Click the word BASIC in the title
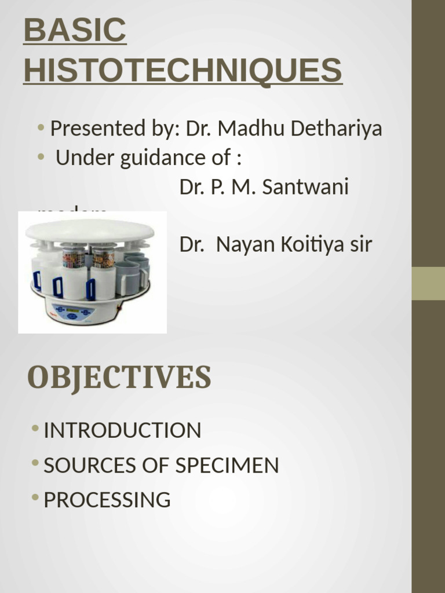pos(75,31)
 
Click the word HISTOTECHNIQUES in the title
pos(183,71)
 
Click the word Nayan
pos(243,245)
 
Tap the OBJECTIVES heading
pos(119,378)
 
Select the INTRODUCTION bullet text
pos(122,430)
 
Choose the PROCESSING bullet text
pos(107,500)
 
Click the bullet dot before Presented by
pos(41,127)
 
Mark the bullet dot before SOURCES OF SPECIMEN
pos(36,464)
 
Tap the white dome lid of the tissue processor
pos(90,230)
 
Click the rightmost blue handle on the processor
pos(90,288)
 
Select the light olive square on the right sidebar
pos(428,283)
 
